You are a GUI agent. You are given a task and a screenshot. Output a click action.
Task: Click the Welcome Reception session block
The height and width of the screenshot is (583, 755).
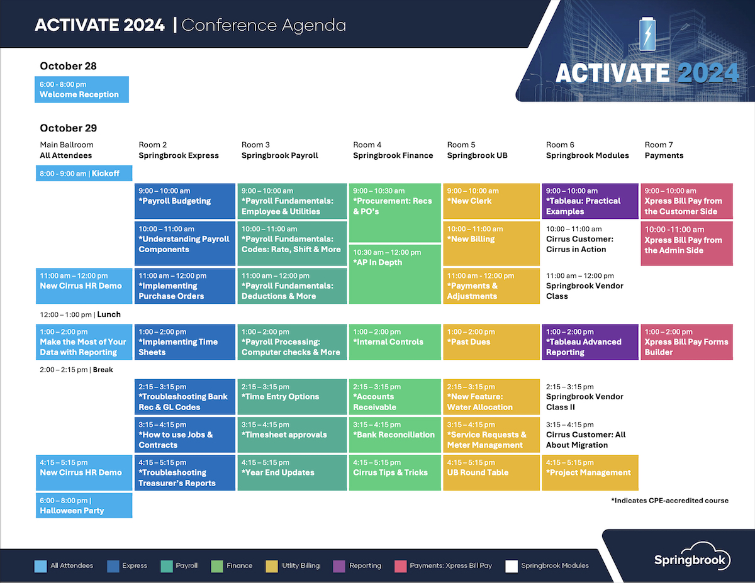click(82, 89)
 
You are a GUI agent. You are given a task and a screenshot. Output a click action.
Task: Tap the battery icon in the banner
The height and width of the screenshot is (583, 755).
click(647, 34)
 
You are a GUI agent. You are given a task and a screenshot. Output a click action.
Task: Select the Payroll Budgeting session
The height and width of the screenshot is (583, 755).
click(185, 201)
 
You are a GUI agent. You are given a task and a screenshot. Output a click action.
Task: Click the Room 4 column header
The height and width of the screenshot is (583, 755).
click(393, 150)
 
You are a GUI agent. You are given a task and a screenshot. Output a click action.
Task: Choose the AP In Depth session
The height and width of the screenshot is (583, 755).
click(395, 274)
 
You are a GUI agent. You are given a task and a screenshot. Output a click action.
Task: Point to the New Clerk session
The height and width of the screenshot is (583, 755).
click(491, 201)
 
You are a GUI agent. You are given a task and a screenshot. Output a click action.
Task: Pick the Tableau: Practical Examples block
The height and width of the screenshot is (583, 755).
click(590, 201)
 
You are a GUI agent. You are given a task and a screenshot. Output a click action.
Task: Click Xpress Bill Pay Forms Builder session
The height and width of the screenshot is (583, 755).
click(686, 342)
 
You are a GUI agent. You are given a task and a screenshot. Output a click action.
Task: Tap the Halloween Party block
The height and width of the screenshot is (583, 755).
click(84, 506)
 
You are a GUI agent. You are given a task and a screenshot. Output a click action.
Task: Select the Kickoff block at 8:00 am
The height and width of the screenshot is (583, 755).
click(84, 174)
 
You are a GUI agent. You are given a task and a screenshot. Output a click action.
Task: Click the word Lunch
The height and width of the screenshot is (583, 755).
click(109, 314)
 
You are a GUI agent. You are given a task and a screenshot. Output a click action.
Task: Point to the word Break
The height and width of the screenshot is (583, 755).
click(103, 369)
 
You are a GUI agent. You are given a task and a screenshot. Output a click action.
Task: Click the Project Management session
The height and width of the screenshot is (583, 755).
click(590, 472)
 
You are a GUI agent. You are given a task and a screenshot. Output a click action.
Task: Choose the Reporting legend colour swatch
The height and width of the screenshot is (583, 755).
click(338, 566)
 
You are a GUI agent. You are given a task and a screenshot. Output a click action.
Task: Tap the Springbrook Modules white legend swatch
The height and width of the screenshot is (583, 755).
click(511, 566)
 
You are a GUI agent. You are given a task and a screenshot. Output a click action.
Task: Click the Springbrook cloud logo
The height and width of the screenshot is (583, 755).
click(692, 556)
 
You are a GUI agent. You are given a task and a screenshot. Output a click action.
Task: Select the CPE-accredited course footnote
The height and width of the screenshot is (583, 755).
click(669, 501)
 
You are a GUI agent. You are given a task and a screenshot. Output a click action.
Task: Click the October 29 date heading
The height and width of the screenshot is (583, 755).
click(69, 128)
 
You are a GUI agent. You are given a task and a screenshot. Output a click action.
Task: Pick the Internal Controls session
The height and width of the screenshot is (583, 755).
click(395, 342)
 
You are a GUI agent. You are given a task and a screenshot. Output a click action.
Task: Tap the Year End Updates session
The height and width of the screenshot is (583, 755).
click(292, 472)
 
